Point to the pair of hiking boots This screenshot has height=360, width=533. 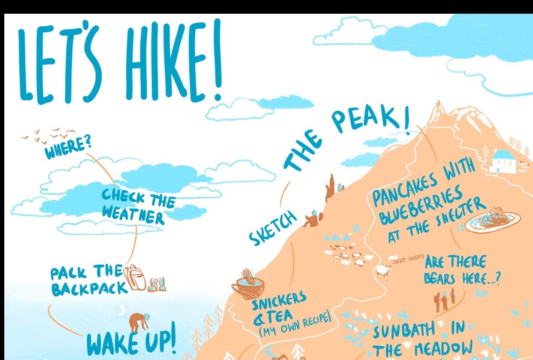[157, 284]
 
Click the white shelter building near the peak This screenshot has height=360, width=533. [503, 161]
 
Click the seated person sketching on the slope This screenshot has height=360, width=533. [311, 220]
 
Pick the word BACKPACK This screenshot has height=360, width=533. [89, 288]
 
